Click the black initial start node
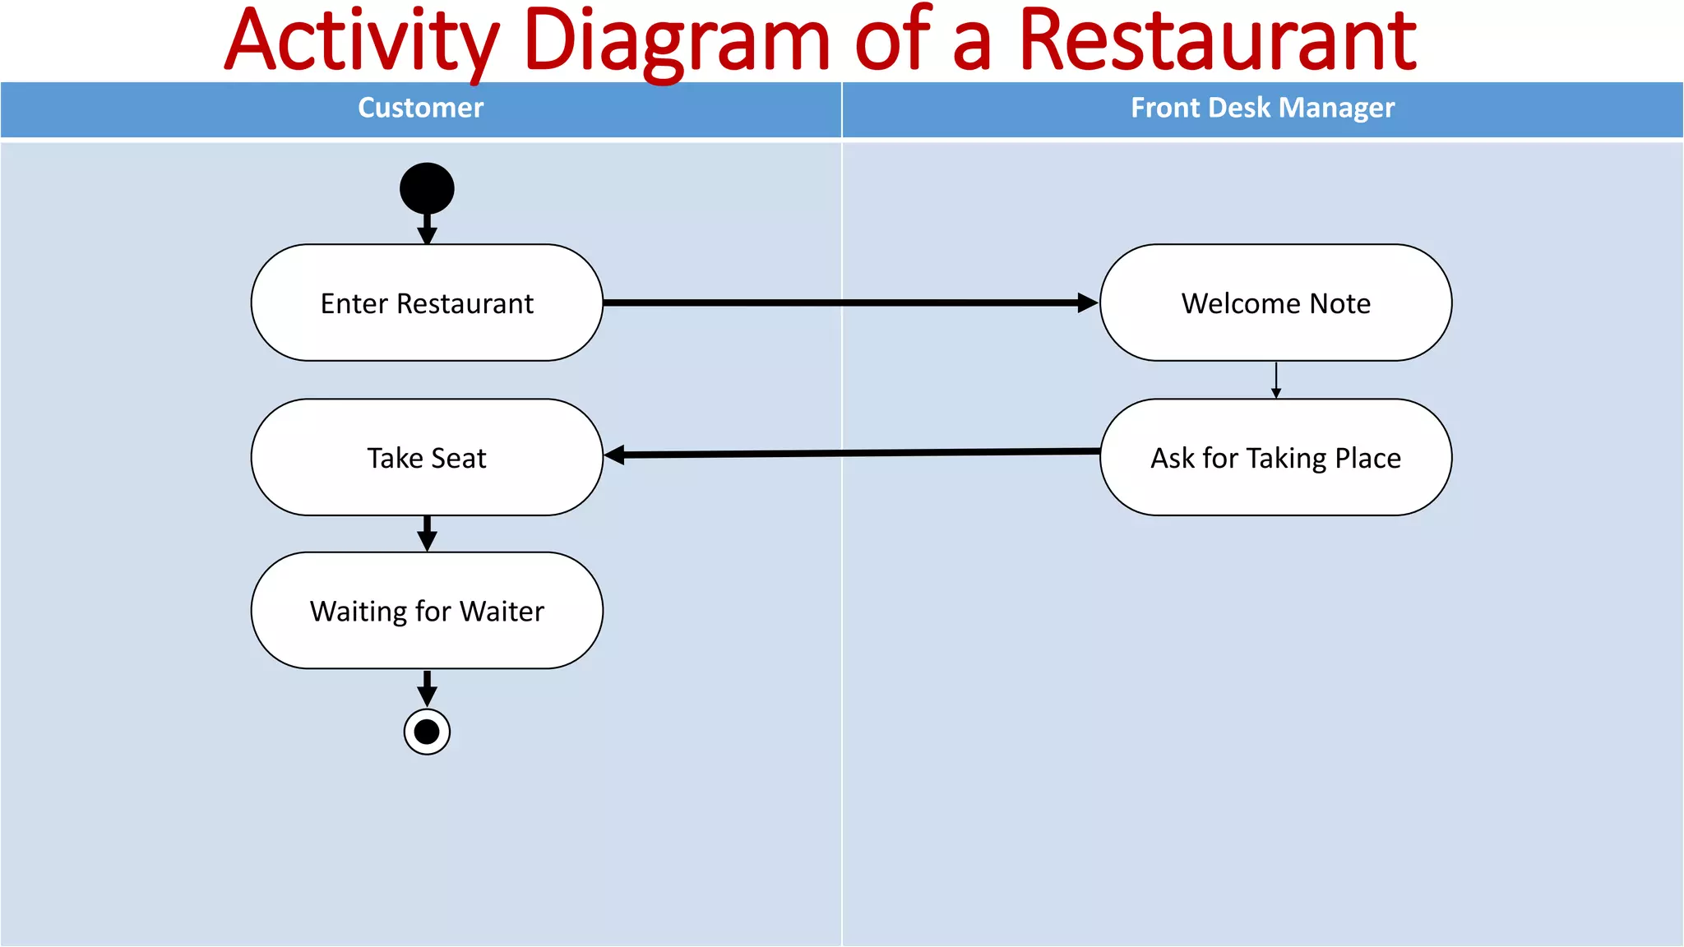pos(427,188)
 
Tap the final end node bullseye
pos(427,732)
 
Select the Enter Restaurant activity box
pos(427,303)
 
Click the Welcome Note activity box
pos(1275,303)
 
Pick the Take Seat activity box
pos(427,457)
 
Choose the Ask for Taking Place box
pos(1275,457)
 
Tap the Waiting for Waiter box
pos(427,611)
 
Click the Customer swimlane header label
pos(420,108)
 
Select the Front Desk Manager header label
pos(1262,108)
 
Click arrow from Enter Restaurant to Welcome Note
pos(847,303)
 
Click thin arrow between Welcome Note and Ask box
pos(1275,380)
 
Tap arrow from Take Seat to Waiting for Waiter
pos(427,534)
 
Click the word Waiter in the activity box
pos(502,612)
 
